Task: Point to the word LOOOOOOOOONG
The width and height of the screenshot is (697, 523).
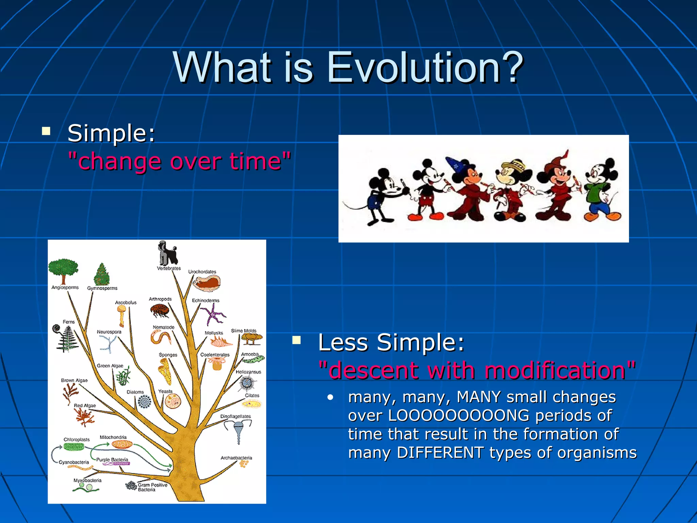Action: [459, 415]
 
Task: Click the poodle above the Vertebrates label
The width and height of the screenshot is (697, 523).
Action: [168, 253]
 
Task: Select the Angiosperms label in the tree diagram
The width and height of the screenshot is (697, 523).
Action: [65, 287]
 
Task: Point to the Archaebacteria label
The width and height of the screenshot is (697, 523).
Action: [236, 458]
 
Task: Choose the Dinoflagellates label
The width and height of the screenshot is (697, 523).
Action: [236, 416]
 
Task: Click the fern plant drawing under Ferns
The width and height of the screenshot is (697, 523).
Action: [66, 338]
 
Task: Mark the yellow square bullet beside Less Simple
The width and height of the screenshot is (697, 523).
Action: [296, 340]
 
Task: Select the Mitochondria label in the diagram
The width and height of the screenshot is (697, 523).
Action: [113, 437]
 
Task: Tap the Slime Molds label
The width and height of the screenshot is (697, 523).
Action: [244, 331]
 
